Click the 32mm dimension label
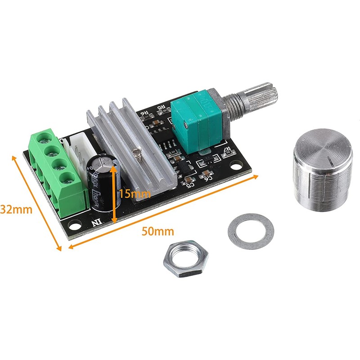tap(16, 209)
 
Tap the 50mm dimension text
tap(151, 232)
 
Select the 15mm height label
tap(135, 194)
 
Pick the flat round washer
tap(251, 231)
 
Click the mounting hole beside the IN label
tap(70, 224)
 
